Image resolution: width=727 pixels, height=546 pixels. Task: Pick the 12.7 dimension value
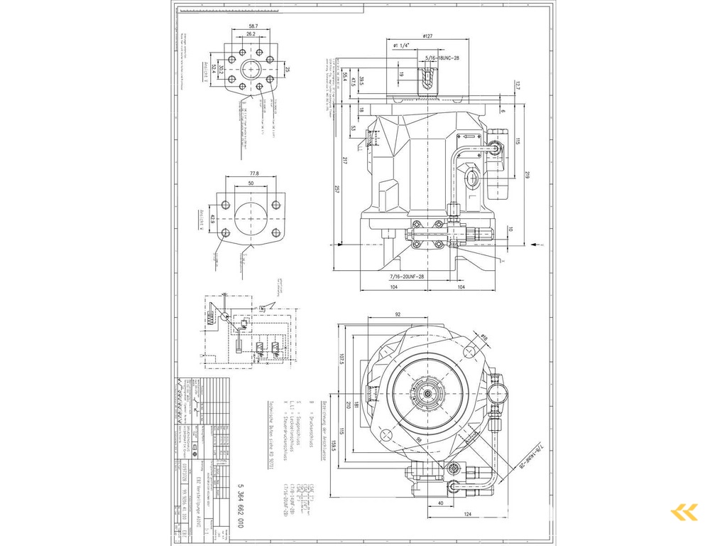coord(518,86)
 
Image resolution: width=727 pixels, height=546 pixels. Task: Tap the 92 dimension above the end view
coord(398,314)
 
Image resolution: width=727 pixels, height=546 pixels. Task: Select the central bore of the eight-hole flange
coord(251,70)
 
